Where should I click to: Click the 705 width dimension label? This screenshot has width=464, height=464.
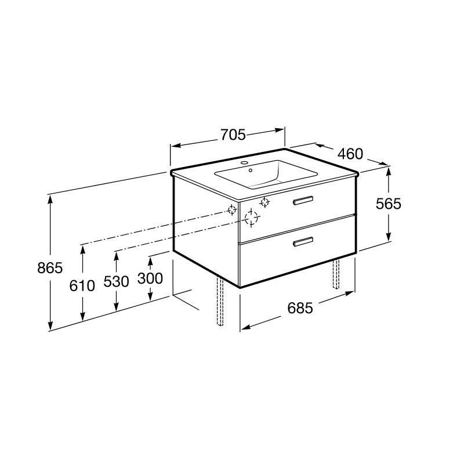click(233, 135)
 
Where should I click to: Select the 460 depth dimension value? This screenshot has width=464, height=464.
click(350, 154)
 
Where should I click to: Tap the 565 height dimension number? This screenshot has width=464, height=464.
click(388, 204)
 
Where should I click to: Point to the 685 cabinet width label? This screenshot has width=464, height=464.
click(300, 308)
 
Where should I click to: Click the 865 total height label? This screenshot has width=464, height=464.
click(50, 268)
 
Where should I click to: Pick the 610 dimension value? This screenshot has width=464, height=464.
click(82, 286)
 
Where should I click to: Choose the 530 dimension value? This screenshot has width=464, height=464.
click(117, 281)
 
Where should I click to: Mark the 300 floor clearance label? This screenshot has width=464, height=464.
click(150, 278)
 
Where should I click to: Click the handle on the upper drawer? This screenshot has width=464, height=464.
click(303, 200)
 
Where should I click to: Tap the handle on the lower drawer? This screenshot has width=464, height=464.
click(303, 241)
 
